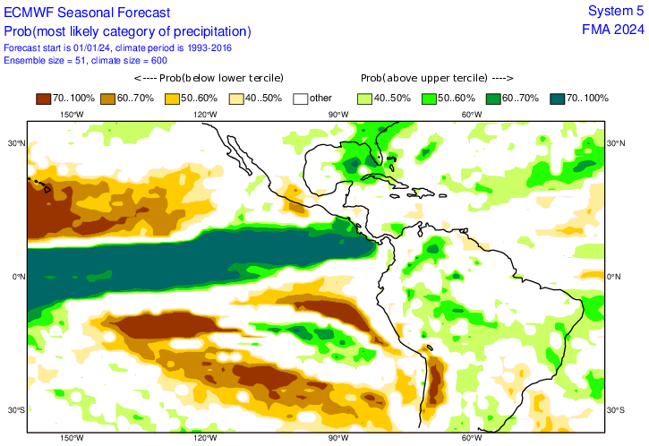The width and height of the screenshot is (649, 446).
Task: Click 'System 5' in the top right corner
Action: (615, 11)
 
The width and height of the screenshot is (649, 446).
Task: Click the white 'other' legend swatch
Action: (302, 98)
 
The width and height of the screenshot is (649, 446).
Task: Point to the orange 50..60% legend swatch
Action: (174, 98)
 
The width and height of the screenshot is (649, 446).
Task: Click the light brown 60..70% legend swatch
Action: (109, 98)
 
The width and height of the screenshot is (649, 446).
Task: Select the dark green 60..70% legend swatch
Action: (495, 98)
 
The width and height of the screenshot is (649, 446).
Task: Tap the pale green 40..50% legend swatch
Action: (366, 98)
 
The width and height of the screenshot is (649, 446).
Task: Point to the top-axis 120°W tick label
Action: (205, 115)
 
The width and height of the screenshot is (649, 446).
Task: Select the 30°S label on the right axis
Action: (616, 411)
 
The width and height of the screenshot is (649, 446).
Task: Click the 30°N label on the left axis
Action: (15, 143)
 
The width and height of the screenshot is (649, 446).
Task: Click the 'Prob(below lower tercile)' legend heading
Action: (208, 78)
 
